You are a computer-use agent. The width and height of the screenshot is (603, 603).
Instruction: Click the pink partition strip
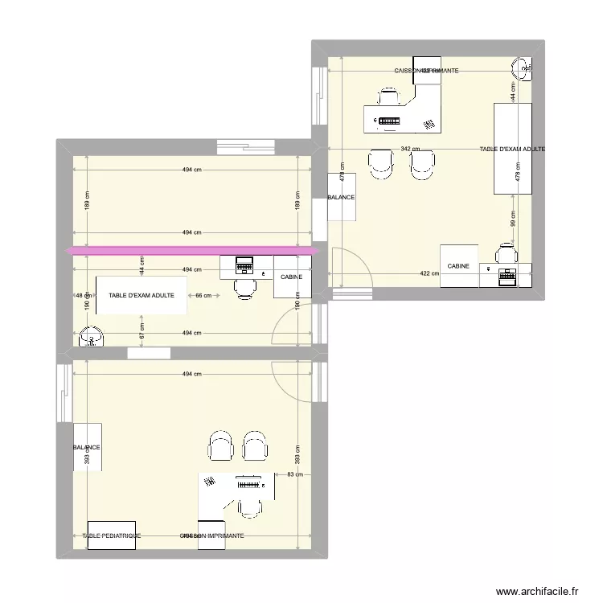click(193, 252)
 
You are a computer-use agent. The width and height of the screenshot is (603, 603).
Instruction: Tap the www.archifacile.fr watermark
click(537, 590)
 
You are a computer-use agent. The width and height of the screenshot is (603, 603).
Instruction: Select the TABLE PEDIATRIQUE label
click(112, 535)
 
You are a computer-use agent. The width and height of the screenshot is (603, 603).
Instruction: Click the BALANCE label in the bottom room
click(87, 448)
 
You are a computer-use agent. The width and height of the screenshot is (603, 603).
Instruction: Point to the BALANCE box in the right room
click(341, 197)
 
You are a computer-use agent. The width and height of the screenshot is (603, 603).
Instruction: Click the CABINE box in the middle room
click(292, 277)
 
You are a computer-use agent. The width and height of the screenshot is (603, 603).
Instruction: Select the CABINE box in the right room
click(458, 265)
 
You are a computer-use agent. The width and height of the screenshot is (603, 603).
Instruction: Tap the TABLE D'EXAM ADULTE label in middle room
click(142, 296)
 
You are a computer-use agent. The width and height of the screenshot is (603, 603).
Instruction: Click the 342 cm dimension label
click(410, 150)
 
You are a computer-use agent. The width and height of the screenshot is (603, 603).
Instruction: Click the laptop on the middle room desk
click(243, 265)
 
